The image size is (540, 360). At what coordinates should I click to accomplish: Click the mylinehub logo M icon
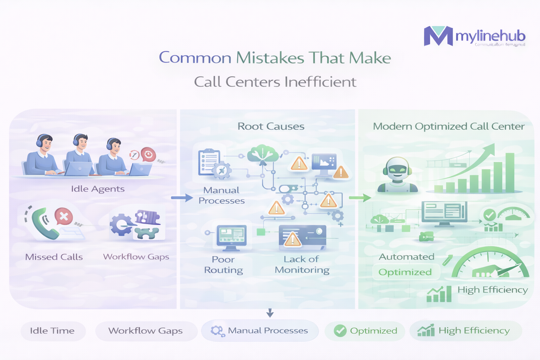pyautogui.click(x=438, y=36)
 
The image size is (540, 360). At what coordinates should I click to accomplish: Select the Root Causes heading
pyautogui.click(x=271, y=126)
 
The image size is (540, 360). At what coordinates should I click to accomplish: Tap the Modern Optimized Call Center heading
pyautogui.click(x=449, y=126)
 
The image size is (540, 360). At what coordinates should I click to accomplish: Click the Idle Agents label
pyautogui.click(x=98, y=189)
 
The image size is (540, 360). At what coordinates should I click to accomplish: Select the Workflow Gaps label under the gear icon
pyautogui.click(x=136, y=257)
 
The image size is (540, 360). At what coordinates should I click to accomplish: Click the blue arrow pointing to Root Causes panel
pyautogui.click(x=182, y=198)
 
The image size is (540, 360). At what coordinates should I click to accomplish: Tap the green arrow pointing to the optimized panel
pyautogui.click(x=360, y=198)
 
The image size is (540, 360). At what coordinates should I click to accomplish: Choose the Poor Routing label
pyautogui.click(x=223, y=265)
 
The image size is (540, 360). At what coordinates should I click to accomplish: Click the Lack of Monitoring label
pyautogui.click(x=302, y=265)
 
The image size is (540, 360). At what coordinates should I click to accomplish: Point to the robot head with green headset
pyautogui.click(x=397, y=169)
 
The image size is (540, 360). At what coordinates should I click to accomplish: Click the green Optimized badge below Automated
pyautogui.click(x=405, y=272)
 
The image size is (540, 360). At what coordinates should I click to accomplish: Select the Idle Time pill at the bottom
pyautogui.click(x=53, y=331)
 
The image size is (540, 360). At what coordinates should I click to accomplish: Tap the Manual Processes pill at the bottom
pyautogui.click(x=260, y=331)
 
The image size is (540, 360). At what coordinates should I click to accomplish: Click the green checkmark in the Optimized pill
pyautogui.click(x=340, y=331)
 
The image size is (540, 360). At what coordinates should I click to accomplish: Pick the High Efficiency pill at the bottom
pyautogui.click(x=465, y=331)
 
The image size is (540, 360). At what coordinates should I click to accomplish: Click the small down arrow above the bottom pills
pyautogui.click(x=270, y=313)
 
